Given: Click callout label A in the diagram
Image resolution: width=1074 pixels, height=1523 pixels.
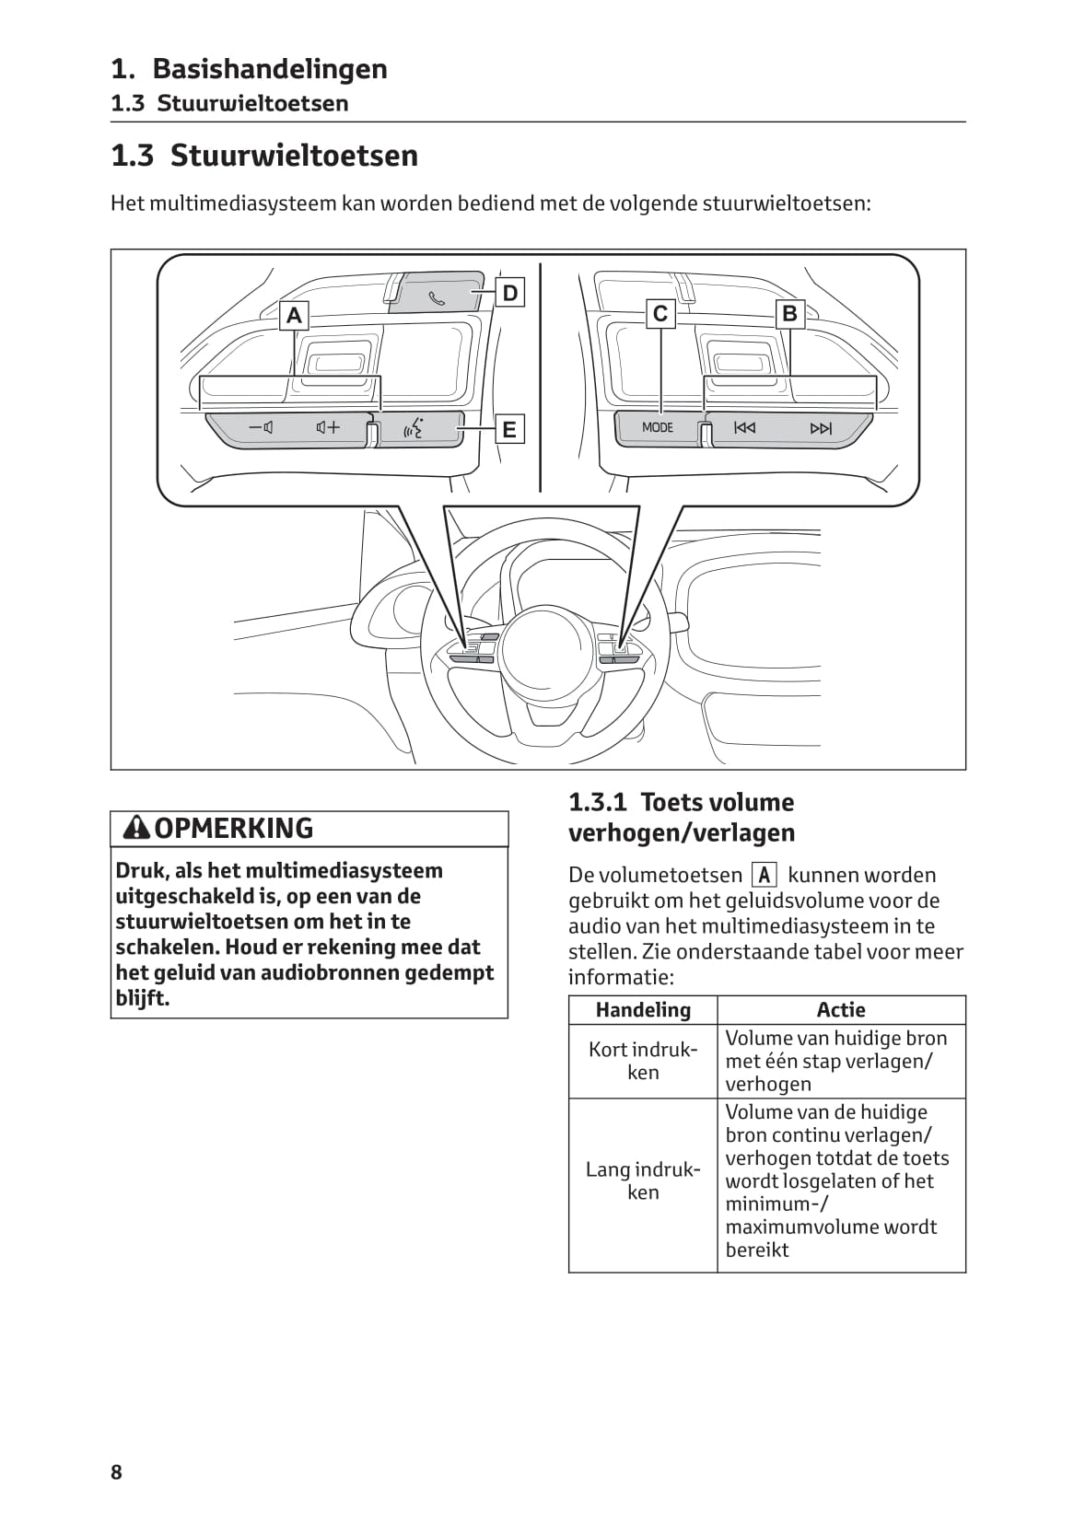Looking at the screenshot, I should coord(294,316).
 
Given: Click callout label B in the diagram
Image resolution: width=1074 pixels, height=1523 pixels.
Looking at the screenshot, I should coord(789,314).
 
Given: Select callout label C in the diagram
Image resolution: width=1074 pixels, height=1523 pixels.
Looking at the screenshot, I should coord(660,314).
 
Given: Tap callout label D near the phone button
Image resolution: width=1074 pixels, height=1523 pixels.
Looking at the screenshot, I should coord(510,293).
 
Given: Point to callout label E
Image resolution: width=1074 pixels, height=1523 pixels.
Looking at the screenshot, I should coord(509,429).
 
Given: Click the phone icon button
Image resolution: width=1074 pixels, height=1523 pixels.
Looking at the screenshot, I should coord(437,296).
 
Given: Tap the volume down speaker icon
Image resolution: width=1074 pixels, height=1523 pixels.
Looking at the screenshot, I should coord(262,427).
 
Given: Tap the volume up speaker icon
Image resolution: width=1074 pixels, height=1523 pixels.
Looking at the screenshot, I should coord(328,427).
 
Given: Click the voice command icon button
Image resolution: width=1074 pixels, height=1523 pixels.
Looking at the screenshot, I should coord(414,428).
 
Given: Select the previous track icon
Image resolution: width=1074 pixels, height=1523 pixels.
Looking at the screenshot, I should coord(744,427).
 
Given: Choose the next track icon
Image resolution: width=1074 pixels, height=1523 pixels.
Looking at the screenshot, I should coord(820,427).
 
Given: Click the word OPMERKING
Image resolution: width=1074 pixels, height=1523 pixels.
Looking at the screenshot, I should coord(234,828).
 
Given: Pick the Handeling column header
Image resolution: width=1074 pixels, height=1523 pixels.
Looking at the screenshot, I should coord(643,1010).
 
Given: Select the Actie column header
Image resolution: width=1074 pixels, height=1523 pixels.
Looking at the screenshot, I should coord(841,1010).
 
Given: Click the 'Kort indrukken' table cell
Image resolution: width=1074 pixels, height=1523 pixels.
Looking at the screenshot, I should coord(643,1061).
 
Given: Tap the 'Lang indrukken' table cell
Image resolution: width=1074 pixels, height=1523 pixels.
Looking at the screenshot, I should coord(643,1180).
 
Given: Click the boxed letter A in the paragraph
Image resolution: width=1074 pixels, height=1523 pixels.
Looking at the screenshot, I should coord(764,876).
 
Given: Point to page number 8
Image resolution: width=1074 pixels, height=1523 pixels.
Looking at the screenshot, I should coord(116,1472).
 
